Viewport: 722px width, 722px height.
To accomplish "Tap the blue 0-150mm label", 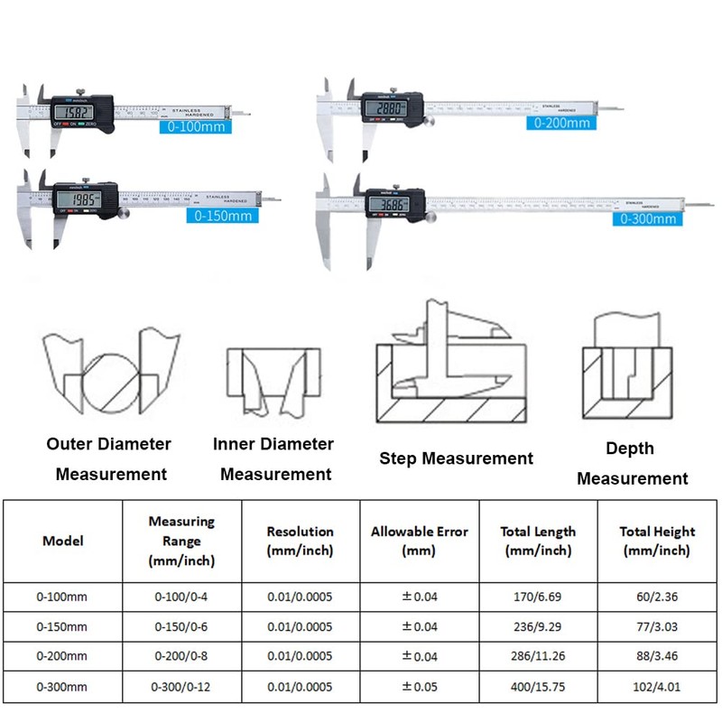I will (x=222, y=215).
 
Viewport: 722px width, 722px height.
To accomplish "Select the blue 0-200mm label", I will (x=561, y=122).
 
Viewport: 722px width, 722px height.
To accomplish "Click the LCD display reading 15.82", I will (x=74, y=113).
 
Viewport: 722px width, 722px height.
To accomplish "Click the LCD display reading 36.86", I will (x=391, y=205).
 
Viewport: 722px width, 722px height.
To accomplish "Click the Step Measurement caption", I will (x=456, y=458).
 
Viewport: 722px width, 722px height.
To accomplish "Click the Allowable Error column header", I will (x=420, y=541).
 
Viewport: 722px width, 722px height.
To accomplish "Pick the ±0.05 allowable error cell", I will (x=420, y=687).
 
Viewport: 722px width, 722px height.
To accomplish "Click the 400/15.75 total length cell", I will (x=539, y=687).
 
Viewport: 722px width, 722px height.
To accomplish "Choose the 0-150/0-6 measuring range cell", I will (x=181, y=626).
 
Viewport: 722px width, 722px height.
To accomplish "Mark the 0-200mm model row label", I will (x=62, y=656).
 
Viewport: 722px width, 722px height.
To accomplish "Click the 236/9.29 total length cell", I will (x=539, y=626).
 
